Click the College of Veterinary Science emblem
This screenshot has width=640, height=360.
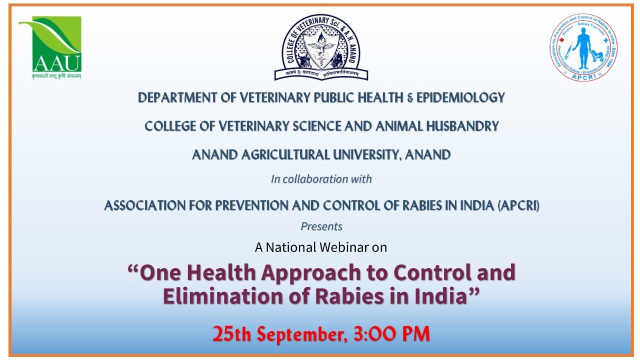click(321, 47)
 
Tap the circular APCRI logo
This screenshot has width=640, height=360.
click(583, 47)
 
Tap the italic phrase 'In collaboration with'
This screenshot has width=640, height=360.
click(321, 179)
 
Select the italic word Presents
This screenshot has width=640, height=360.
click(321, 226)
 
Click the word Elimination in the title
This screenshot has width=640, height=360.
click(220, 296)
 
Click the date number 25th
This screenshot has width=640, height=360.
click(232, 333)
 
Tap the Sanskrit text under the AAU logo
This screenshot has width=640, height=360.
click(50, 76)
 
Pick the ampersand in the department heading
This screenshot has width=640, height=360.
click(409, 98)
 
